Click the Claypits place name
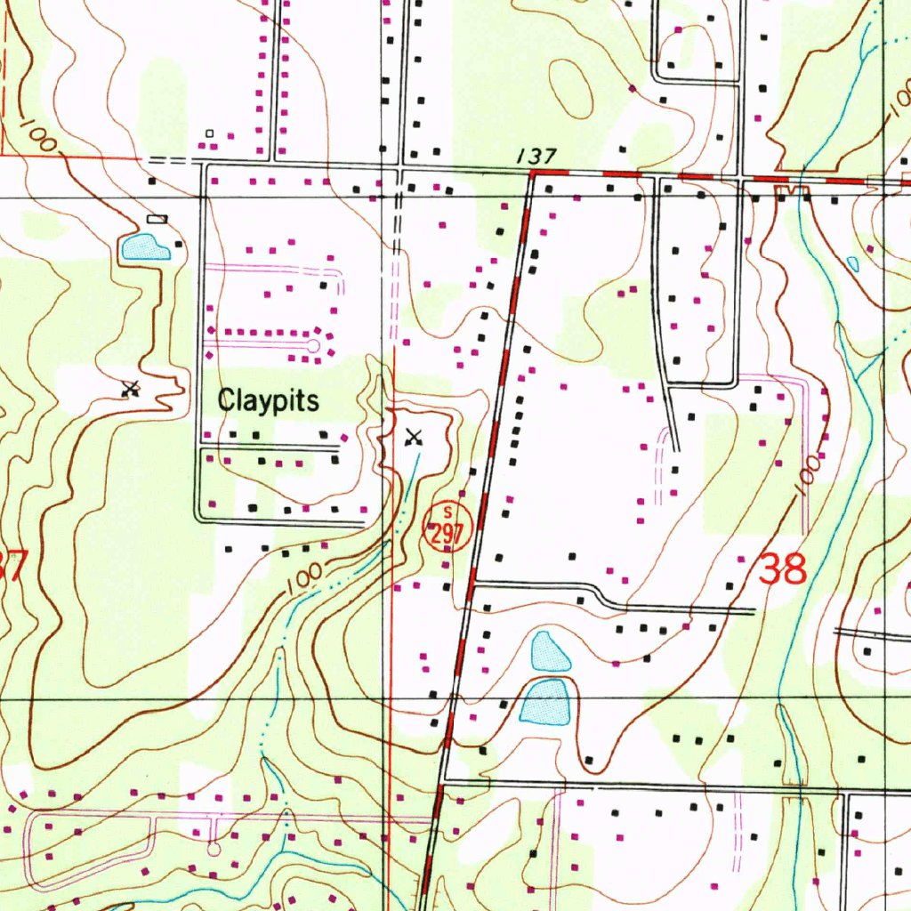[x=268, y=401]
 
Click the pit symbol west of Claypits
[x=132, y=388]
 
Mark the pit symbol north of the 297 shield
[x=414, y=437]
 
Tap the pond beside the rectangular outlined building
[x=145, y=247]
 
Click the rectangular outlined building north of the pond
[x=157, y=218]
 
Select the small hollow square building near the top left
[x=210, y=133]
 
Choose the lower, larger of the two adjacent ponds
[x=544, y=702]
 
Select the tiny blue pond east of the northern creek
[x=853, y=263]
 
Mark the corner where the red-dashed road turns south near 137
[x=532, y=175]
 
